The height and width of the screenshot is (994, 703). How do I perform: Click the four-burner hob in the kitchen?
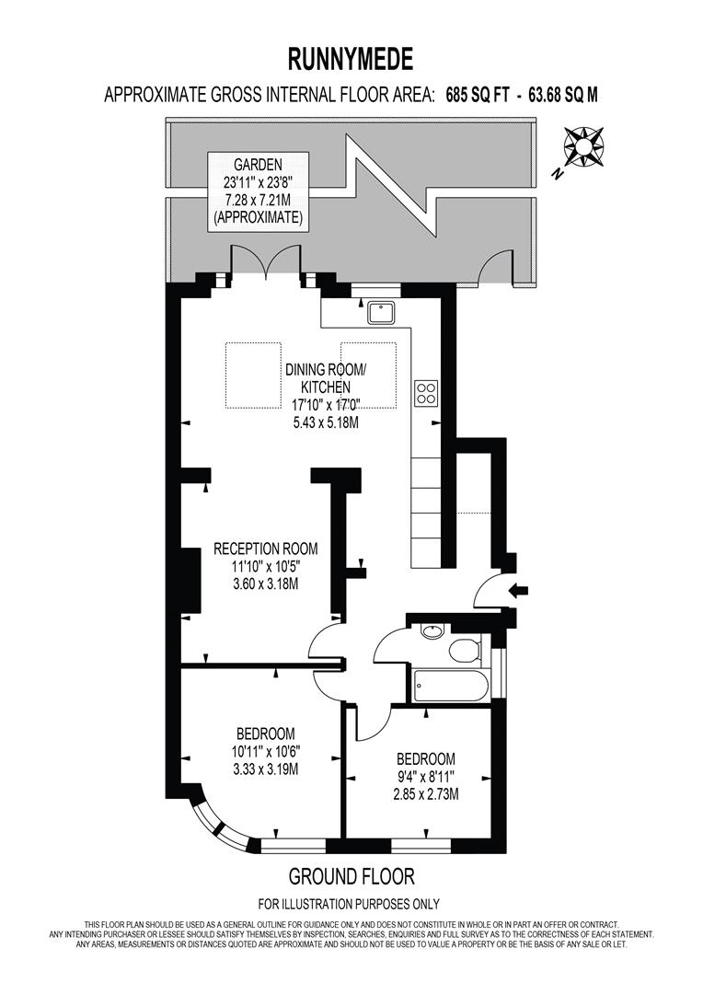pos(426,393)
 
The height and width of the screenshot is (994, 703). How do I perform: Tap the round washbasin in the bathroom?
pos(429,631)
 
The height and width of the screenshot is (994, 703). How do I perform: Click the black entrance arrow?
pos(519,591)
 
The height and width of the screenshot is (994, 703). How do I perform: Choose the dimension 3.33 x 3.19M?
pos(265,769)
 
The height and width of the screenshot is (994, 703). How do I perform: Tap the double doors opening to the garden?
pos(266,264)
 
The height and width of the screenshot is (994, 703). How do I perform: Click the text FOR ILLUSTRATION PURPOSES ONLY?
pos(349,903)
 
